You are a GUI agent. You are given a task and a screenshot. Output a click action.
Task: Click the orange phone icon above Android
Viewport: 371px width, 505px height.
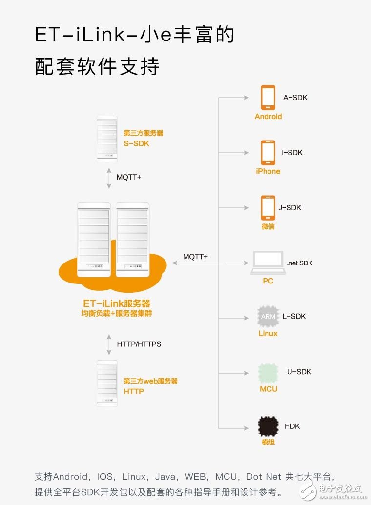[268, 98]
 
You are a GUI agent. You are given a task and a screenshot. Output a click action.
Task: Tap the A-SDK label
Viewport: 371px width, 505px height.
[295, 98]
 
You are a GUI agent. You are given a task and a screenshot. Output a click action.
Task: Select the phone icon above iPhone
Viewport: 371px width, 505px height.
[268, 153]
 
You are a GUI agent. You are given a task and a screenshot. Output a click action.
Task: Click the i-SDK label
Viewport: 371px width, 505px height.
[292, 153]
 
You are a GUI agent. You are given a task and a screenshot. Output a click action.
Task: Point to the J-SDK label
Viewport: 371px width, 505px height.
[289, 208]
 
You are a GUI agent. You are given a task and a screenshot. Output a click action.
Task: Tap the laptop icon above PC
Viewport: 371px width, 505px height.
[268, 263]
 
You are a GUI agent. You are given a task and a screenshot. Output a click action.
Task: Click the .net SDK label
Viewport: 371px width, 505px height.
[299, 263]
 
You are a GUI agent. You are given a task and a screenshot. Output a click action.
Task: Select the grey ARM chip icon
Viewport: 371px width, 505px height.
[268, 316]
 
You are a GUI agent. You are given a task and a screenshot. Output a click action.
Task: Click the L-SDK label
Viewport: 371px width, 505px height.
[294, 316]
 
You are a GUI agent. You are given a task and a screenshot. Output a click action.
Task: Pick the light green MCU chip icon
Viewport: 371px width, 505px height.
[268, 373]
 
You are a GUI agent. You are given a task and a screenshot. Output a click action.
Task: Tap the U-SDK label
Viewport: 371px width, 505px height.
[299, 372]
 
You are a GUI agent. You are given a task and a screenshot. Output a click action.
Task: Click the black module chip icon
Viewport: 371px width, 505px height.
[268, 426]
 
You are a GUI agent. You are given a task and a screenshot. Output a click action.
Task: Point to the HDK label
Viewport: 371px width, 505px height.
[292, 426]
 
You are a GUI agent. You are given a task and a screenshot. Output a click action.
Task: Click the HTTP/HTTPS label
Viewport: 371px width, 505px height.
[139, 344]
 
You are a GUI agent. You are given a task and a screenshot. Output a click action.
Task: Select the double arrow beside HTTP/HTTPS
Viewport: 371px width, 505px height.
[109, 344]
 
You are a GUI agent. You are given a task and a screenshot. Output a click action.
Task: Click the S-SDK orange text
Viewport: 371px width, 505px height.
[136, 143]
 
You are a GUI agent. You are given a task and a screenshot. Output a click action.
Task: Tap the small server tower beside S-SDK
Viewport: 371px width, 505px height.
[107, 139]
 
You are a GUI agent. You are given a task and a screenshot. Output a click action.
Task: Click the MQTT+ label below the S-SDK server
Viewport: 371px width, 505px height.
[129, 177]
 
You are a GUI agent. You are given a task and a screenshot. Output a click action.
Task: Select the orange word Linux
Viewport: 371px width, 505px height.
[268, 333]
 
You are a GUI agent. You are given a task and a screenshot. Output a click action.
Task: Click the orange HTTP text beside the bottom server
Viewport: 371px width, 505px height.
[133, 392]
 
